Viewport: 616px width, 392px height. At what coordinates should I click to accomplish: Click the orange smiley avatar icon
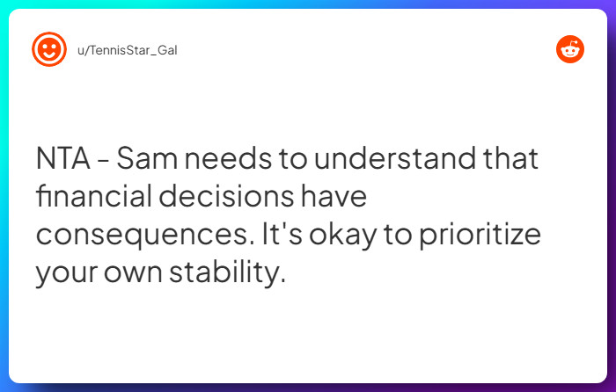pos(49,49)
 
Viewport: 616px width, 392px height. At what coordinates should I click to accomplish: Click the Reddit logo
pos(570,49)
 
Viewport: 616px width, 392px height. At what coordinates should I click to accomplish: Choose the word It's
pos(282,236)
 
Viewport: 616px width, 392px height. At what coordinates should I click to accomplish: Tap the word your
pos(67,273)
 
